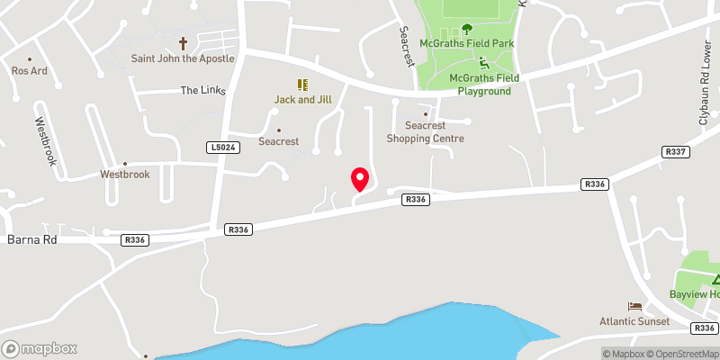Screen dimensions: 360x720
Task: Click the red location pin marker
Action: click(x=359, y=179)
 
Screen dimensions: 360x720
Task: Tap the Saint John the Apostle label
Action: click(x=183, y=58)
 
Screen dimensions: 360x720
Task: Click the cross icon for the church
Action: click(x=183, y=42)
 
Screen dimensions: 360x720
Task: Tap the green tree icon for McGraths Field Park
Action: click(x=467, y=29)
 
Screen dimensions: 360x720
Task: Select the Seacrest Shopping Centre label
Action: click(x=426, y=132)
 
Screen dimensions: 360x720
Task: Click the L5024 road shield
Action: click(x=221, y=147)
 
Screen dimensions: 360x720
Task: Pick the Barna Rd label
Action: click(x=31, y=239)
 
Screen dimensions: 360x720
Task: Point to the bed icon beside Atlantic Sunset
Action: click(x=635, y=307)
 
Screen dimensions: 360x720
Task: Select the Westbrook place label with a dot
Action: click(x=124, y=174)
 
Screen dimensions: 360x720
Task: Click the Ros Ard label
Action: click(x=28, y=70)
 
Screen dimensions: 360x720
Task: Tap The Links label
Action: click(x=201, y=90)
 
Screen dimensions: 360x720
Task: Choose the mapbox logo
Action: click(x=40, y=348)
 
